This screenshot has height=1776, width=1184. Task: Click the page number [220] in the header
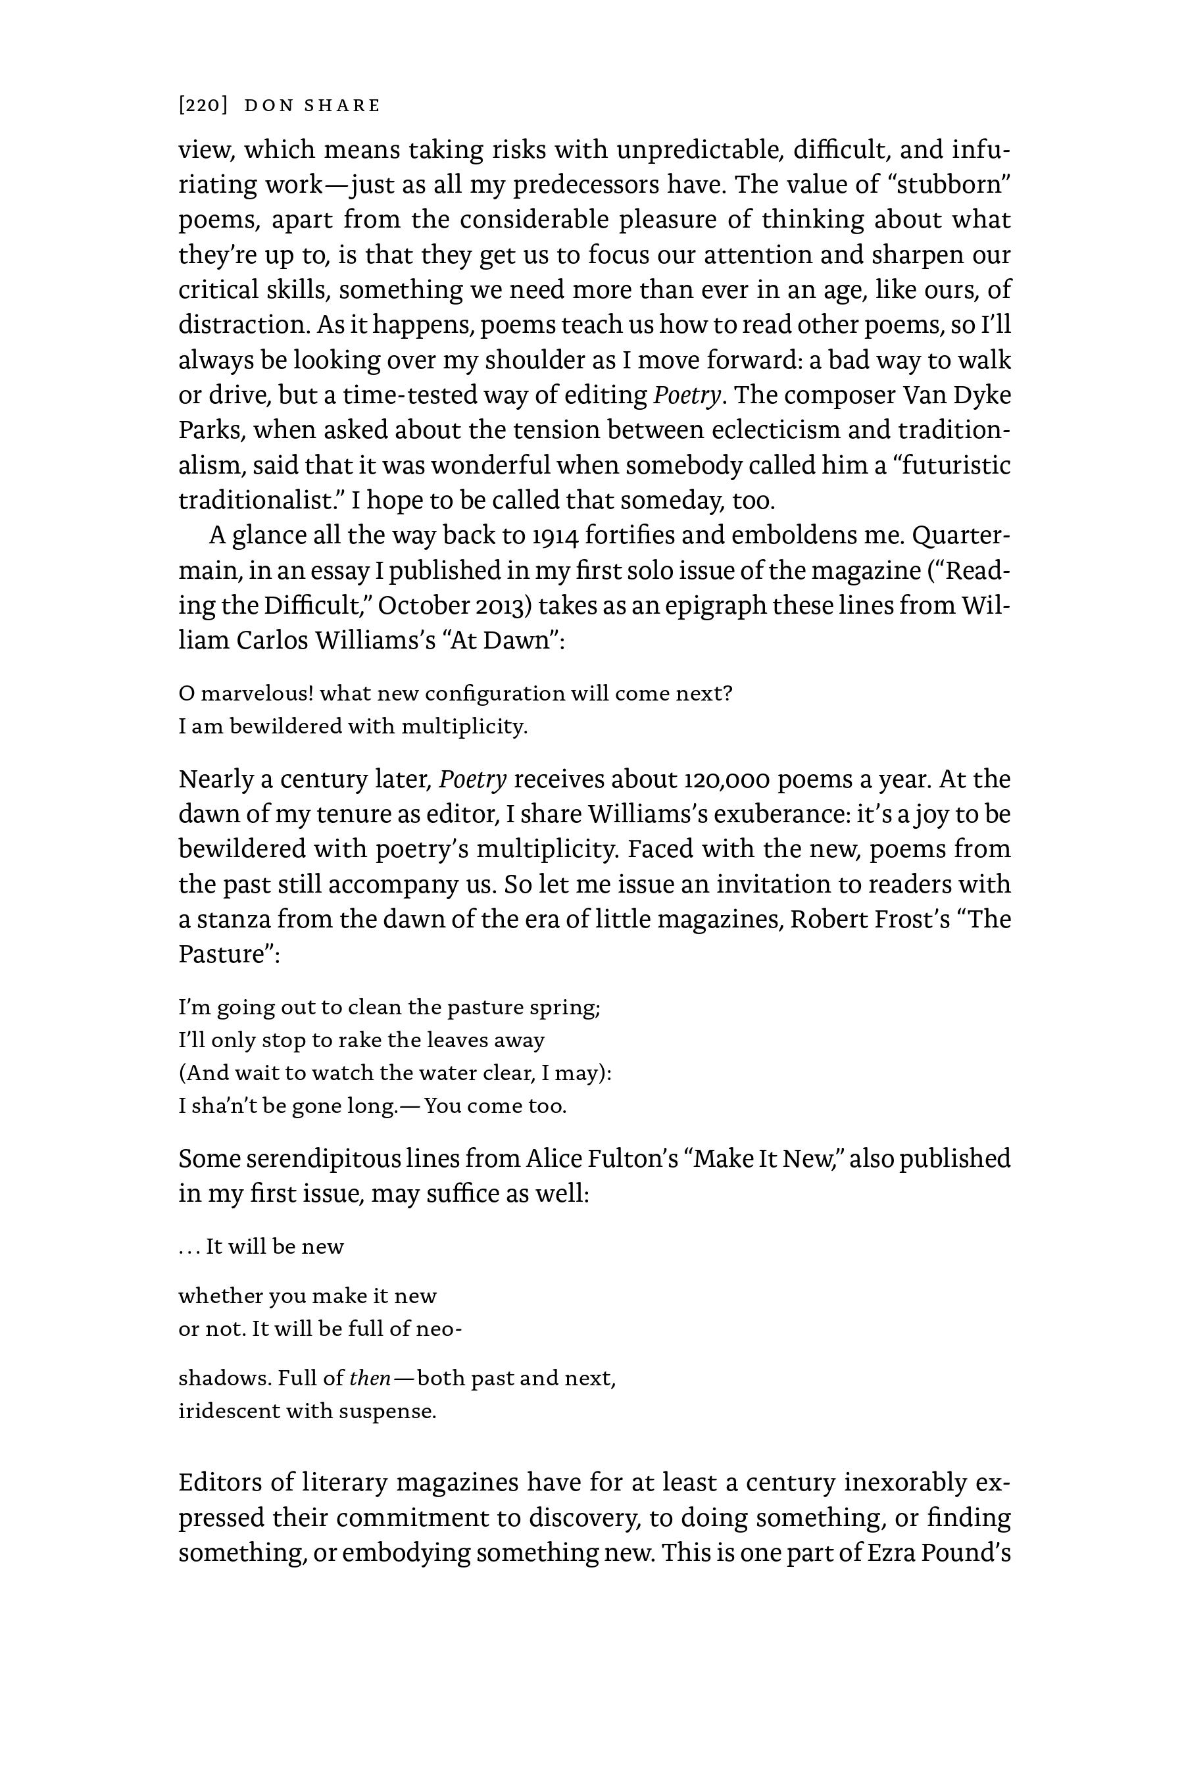(x=203, y=105)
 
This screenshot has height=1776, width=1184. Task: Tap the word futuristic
(x=953, y=465)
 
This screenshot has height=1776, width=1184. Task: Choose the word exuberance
(x=783, y=814)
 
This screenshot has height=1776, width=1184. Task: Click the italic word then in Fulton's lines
(x=369, y=1378)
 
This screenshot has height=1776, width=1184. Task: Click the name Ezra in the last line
(x=891, y=1552)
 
